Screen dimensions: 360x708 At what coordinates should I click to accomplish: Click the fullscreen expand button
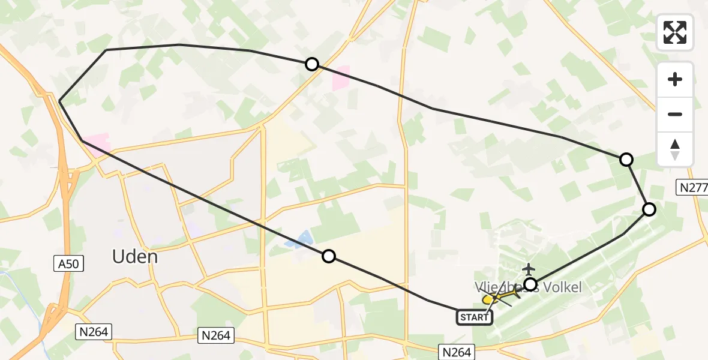[675, 32]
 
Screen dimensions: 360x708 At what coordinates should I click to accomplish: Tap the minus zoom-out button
[675, 114]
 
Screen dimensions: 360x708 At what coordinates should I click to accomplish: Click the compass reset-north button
[675, 149]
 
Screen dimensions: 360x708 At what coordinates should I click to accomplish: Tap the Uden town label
[135, 257]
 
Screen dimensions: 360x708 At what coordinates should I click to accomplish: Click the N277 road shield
[692, 187]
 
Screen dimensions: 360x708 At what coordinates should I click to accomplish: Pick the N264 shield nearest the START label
[457, 352]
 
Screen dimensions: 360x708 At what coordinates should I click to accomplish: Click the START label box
[475, 317]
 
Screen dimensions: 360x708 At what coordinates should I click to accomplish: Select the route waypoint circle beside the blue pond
[328, 256]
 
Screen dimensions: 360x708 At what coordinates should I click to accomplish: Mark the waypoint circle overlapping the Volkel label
[530, 284]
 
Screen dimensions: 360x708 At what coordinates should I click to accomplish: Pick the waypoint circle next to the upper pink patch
[311, 64]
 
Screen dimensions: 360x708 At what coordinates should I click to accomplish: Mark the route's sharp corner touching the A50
[59, 101]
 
